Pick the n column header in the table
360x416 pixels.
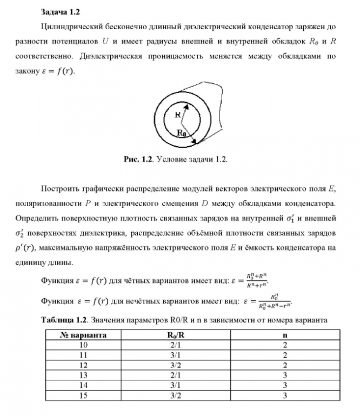pyautogui.click(x=284, y=335)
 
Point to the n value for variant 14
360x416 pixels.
pyautogui.click(x=284, y=385)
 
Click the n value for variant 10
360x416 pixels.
pyautogui.click(x=284, y=345)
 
